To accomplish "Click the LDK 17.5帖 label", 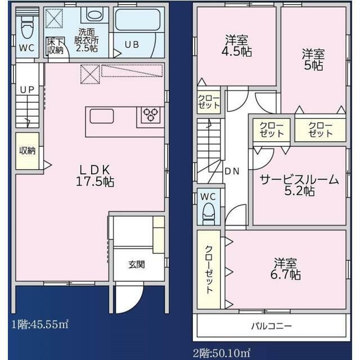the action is click(95, 175).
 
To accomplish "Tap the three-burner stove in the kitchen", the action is click(151, 115).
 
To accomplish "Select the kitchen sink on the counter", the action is click(101, 116).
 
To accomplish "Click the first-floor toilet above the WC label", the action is click(28, 27).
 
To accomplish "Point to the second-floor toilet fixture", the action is click(208, 214).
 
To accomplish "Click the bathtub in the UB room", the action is click(137, 20).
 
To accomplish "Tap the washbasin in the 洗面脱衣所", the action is click(94, 15).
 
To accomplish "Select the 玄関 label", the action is click(137, 265).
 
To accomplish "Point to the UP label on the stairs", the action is click(27, 90).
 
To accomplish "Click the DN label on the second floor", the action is click(232, 171).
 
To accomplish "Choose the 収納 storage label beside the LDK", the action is click(28, 151).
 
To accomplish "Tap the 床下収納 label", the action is click(55, 46).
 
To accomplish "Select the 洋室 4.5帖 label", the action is click(236, 46).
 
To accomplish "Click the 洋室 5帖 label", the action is click(313, 60).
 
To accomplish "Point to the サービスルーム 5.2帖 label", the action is click(299, 185).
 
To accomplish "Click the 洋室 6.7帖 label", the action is click(285, 269).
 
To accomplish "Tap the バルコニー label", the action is click(271, 326).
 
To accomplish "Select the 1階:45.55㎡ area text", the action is click(40, 325).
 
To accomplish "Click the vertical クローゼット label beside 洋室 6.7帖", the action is click(209, 269).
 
